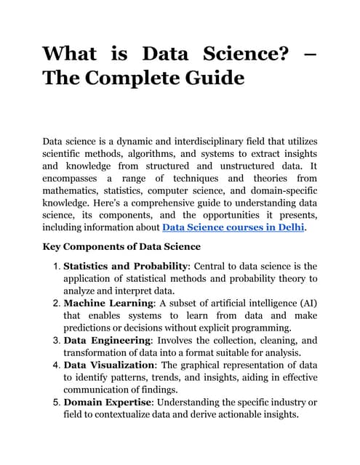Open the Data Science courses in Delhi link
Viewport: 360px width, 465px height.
point(233,227)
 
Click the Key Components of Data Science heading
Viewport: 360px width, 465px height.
point(121,246)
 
